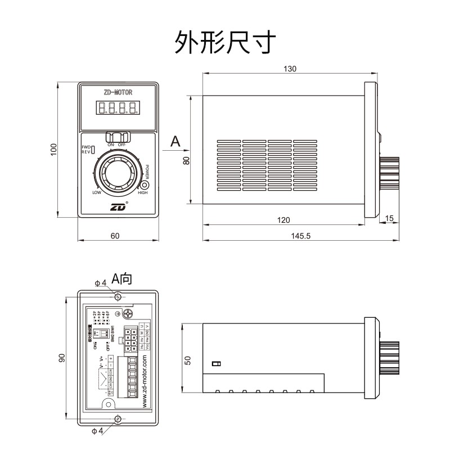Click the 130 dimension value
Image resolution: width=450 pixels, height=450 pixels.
tap(290, 69)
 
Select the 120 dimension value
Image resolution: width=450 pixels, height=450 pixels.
tap(284, 219)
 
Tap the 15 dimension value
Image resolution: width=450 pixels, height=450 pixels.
tap(389, 218)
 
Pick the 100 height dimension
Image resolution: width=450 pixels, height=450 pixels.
tap(54, 149)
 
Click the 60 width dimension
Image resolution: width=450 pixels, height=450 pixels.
tap(115, 236)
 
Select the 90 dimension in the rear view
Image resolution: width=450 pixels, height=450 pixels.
tap(62, 358)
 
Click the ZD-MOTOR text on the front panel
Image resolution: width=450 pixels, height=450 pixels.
tap(118, 92)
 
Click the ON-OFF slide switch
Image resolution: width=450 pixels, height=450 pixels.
tap(118, 137)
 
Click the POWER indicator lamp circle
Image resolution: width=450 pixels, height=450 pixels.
tap(145, 185)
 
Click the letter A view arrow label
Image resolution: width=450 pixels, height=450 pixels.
tap(175, 141)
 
